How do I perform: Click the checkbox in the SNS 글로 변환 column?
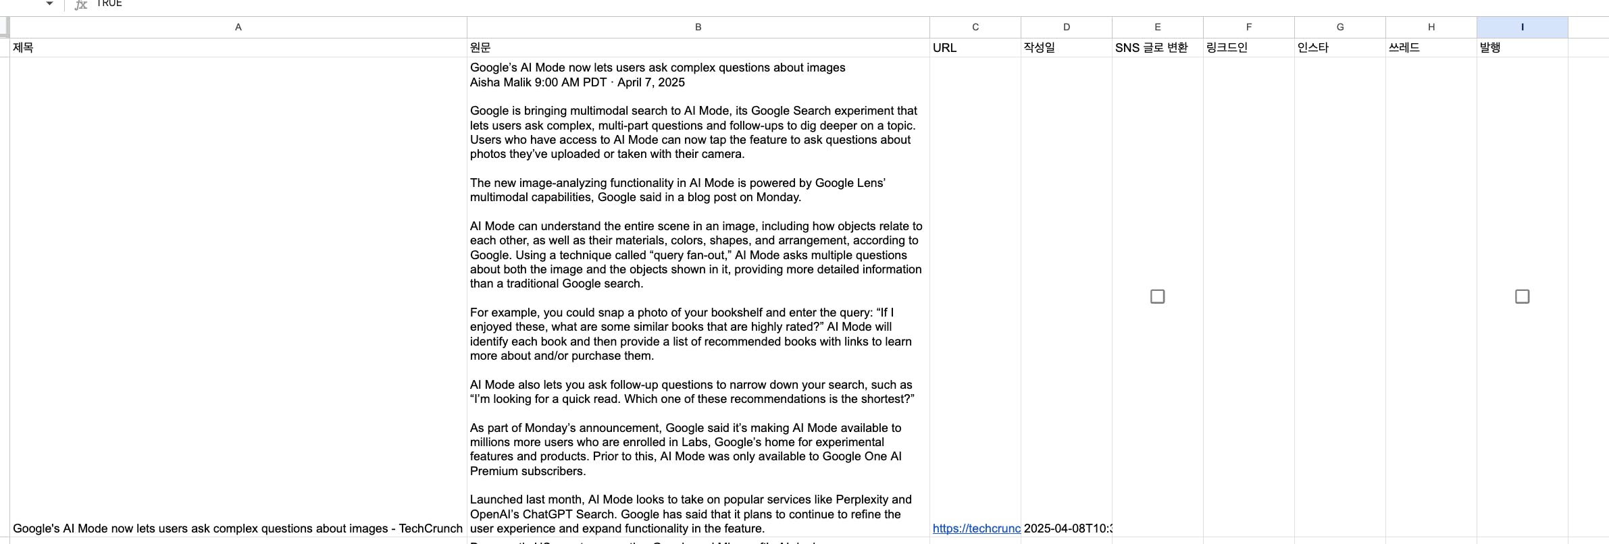pyautogui.click(x=1157, y=296)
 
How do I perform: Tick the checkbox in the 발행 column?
pyautogui.click(x=1522, y=296)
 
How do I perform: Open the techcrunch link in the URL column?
pyautogui.click(x=976, y=528)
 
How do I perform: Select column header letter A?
pyautogui.click(x=238, y=27)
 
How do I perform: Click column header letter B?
pyautogui.click(x=698, y=27)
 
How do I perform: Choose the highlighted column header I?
pyautogui.click(x=1522, y=27)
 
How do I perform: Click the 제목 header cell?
pyautogui.click(x=24, y=48)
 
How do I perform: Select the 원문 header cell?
pyautogui.click(x=480, y=48)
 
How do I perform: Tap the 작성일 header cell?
pyautogui.click(x=1039, y=48)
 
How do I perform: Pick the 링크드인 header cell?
pyautogui.click(x=1227, y=48)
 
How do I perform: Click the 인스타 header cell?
pyautogui.click(x=1313, y=48)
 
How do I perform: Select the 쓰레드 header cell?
pyautogui.click(x=1404, y=48)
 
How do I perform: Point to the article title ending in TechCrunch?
pyautogui.click(x=238, y=528)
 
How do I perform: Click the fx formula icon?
pyautogui.click(x=81, y=5)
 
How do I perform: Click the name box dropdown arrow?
pyautogui.click(x=49, y=3)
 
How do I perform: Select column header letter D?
pyautogui.click(x=1066, y=27)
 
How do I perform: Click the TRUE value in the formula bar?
pyautogui.click(x=109, y=3)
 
